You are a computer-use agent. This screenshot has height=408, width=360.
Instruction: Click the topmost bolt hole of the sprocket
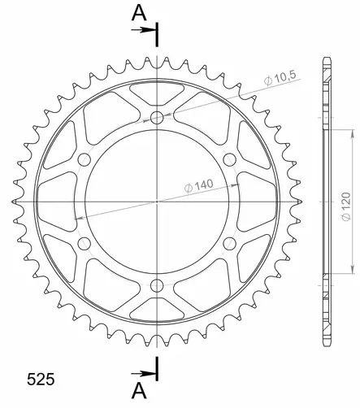click(x=157, y=119)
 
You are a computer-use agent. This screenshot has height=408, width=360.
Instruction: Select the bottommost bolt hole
click(x=157, y=284)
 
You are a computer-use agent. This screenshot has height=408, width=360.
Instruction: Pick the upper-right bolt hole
click(x=228, y=159)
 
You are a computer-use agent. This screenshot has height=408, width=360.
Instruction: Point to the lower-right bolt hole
click(x=228, y=243)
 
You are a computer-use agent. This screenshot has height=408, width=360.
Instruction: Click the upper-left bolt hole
click(x=85, y=159)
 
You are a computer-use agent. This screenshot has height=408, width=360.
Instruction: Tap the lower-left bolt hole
click(x=85, y=243)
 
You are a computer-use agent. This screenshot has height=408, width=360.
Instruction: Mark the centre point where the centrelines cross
click(x=157, y=201)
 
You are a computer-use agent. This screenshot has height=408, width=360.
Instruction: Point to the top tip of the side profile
click(x=327, y=58)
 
